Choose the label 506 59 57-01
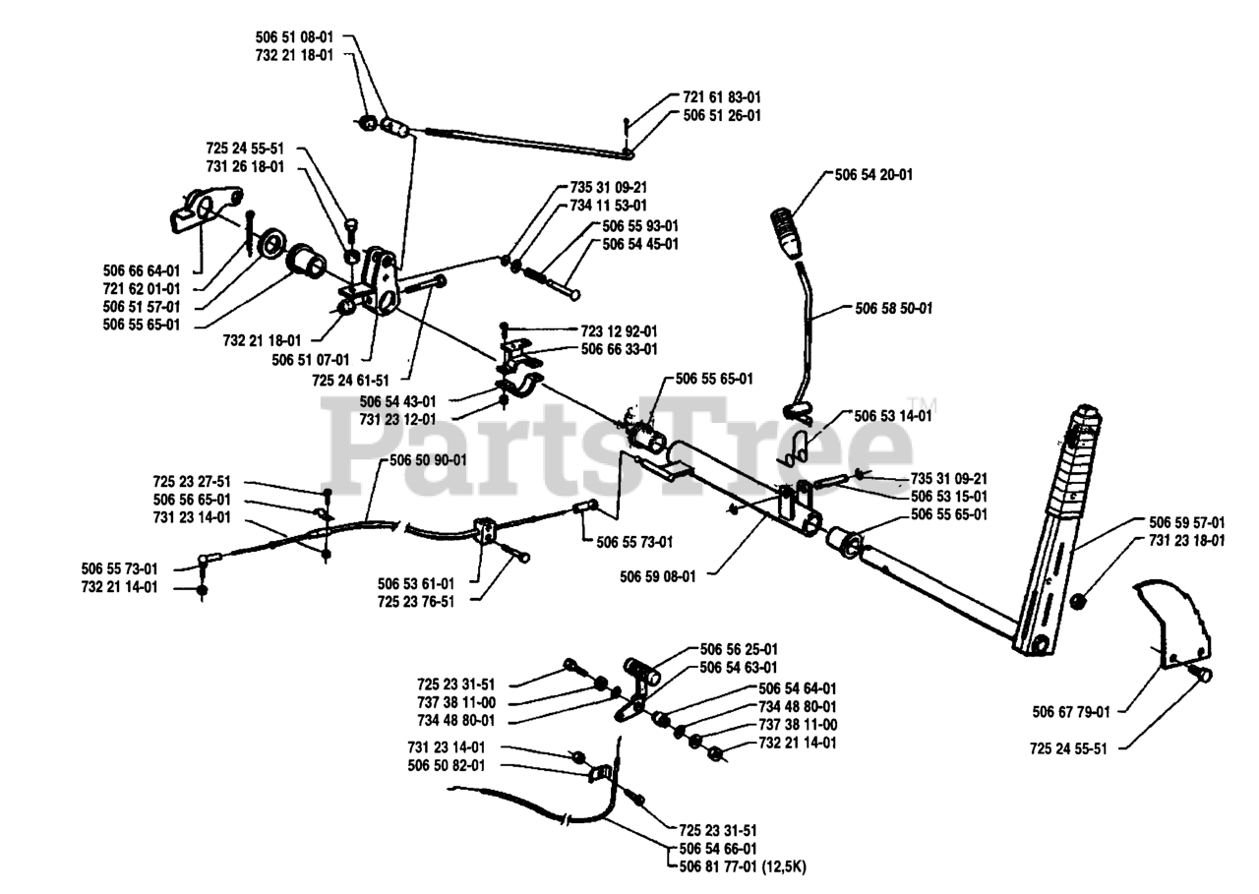pyautogui.click(x=1187, y=522)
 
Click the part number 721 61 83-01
pyautogui.click(x=721, y=97)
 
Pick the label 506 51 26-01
pyautogui.click(x=721, y=115)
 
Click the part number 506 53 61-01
pyautogui.click(x=416, y=582)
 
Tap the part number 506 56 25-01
pyautogui.click(x=739, y=649)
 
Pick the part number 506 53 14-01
pyautogui.click(x=893, y=416)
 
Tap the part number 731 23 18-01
pyautogui.click(x=1187, y=540)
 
